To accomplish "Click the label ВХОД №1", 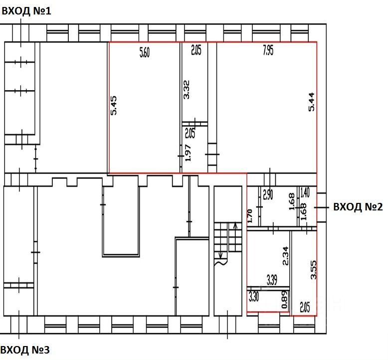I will (x=26, y=10).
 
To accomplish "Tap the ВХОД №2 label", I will (x=358, y=207).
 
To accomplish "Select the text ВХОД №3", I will (x=25, y=350).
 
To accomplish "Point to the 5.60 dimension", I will (x=144, y=52).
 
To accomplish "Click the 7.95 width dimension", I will (x=267, y=50).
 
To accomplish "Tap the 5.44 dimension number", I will (x=312, y=102).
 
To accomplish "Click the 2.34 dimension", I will (x=286, y=256).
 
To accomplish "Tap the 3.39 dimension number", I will (x=272, y=279).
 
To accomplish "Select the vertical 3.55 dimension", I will (x=313, y=270).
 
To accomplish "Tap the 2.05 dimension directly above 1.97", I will (x=190, y=133).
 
